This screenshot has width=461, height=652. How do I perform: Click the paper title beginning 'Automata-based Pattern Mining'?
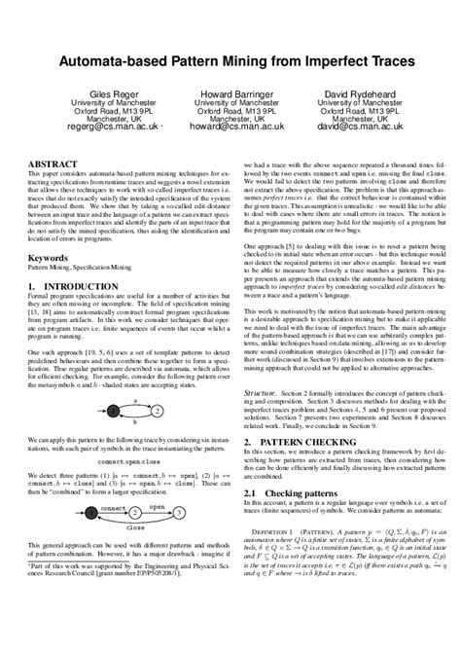(x=230, y=60)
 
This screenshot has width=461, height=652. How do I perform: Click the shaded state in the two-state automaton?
(x=115, y=385)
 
